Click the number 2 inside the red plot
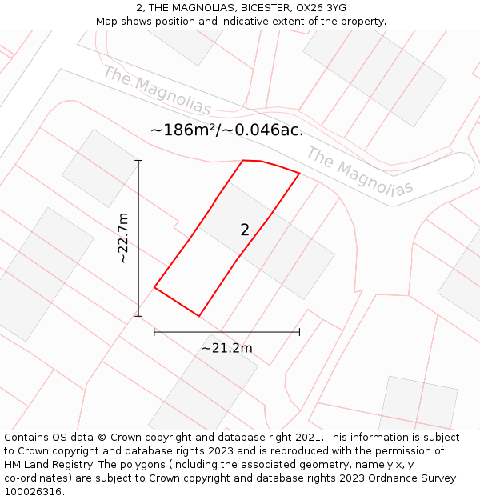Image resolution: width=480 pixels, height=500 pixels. click(x=245, y=230)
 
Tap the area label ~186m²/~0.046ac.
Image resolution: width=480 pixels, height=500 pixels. click(x=226, y=130)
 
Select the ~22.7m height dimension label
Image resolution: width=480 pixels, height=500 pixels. click(x=122, y=238)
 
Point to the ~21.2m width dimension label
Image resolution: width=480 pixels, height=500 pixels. click(x=226, y=348)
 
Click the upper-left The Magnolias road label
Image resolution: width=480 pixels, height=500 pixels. click(x=157, y=90)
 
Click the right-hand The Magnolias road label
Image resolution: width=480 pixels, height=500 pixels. click(x=359, y=171)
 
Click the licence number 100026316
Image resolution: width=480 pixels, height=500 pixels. click(x=33, y=492)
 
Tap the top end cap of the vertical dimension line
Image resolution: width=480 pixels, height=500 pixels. click(x=138, y=161)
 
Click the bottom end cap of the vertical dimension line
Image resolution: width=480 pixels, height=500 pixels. click(x=138, y=315)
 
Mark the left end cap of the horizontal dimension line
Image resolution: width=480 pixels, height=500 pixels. click(x=154, y=331)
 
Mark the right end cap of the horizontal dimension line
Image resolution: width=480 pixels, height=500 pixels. click(x=299, y=331)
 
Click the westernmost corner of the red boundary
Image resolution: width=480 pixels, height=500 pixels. click(x=154, y=287)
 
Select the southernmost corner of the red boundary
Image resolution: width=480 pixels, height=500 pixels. click(x=198, y=316)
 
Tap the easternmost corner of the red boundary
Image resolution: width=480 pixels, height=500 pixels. click(x=299, y=173)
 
